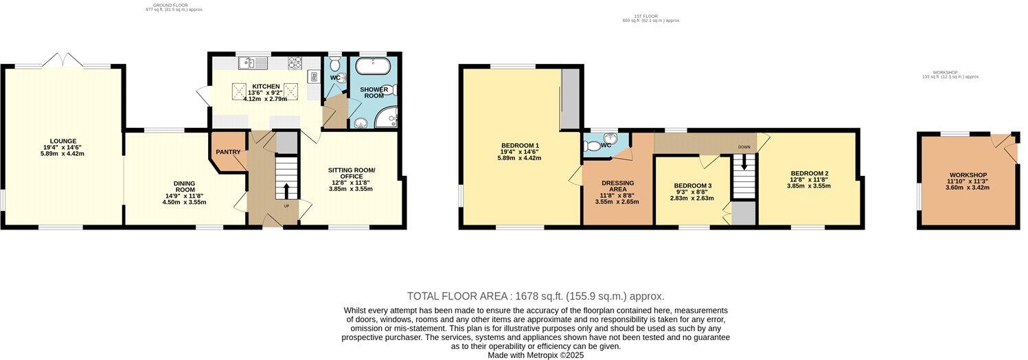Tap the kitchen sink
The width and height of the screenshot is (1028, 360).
247,64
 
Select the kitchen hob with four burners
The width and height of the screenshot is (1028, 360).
295,64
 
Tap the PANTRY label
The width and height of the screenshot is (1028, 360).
227,152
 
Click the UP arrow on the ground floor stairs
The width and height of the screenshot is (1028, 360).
286,190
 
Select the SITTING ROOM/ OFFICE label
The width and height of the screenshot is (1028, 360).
352,173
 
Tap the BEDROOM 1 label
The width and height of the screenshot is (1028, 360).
520,146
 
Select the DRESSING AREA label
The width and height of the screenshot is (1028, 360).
617,186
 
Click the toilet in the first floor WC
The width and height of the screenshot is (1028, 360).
592,145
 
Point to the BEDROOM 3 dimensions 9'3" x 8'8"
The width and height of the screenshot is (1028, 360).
692,192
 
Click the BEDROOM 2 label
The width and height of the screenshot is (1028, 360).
809,173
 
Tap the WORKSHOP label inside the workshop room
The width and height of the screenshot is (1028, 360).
968,175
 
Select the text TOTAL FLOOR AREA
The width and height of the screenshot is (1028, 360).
457,296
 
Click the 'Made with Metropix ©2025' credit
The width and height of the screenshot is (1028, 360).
535,355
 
